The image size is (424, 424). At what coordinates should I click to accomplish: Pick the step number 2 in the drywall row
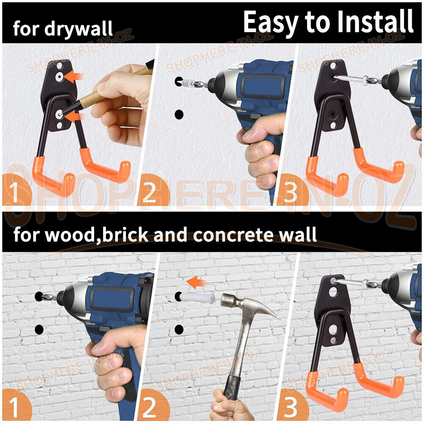pyautogui.click(x=149, y=192)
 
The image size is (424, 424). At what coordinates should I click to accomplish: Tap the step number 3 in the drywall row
pyautogui.click(x=290, y=192)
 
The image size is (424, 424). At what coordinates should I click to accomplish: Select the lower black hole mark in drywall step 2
pyautogui.click(x=179, y=114)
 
